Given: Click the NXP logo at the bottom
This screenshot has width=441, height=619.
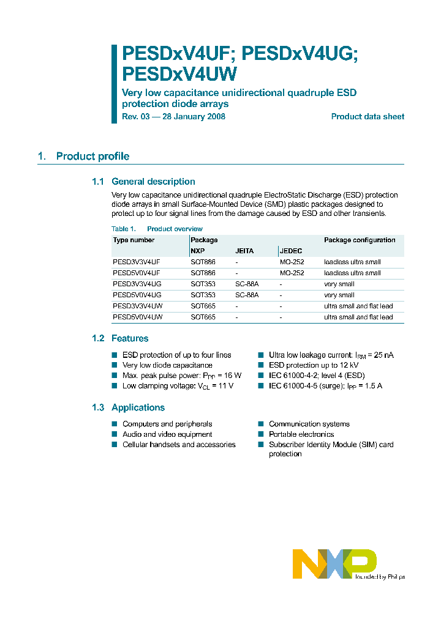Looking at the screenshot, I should pyautogui.click(x=334, y=563).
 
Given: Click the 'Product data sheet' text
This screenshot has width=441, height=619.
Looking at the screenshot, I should pyautogui.click(x=367, y=117).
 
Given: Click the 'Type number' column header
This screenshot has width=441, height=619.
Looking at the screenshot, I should pyautogui.click(x=134, y=240).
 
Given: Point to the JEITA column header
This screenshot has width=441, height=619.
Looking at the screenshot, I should pyautogui.click(x=244, y=251).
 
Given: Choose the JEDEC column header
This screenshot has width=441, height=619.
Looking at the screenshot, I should pyautogui.click(x=291, y=251).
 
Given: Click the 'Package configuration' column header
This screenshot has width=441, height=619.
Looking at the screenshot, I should pyautogui.click(x=360, y=240).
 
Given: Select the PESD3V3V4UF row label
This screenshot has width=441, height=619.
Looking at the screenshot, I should pyautogui.click(x=137, y=262).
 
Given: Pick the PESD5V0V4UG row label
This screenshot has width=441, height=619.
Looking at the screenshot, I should pyautogui.click(x=137, y=295).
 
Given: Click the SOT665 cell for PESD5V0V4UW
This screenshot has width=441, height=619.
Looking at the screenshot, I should pyautogui.click(x=203, y=317).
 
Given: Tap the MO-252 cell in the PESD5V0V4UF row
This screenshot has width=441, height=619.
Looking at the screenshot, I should pyautogui.click(x=292, y=273).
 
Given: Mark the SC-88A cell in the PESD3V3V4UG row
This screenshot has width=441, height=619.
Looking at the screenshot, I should pyautogui.click(x=247, y=284).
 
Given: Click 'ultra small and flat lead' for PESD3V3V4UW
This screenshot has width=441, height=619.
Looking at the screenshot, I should pyautogui.click(x=358, y=306).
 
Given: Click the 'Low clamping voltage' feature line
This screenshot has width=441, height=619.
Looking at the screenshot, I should pyautogui.click(x=178, y=386).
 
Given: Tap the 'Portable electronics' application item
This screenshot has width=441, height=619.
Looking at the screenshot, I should pyautogui.click(x=301, y=434).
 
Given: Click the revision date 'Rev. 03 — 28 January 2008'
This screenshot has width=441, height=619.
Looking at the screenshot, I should pyautogui.click(x=174, y=117).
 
